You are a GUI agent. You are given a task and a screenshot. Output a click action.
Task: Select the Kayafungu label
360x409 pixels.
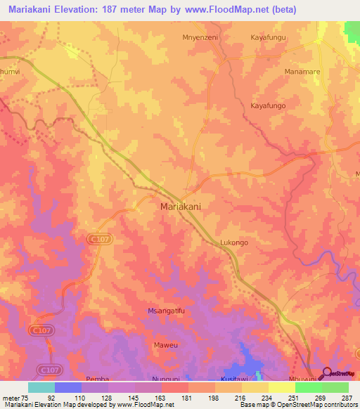(x=269, y=37)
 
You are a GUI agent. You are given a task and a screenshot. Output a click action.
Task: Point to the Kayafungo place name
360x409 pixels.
(x=269, y=105)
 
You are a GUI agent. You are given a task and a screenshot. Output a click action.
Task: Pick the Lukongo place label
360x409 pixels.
(x=234, y=242)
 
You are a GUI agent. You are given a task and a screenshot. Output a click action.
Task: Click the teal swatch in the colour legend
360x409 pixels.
(x=41, y=387)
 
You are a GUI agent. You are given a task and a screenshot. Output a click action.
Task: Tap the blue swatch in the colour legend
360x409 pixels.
(x=67, y=387)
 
